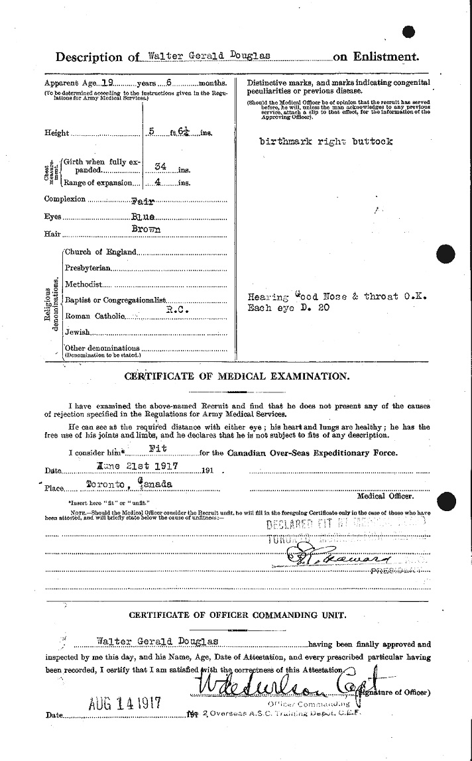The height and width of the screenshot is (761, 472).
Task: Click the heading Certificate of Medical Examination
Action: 235,377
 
